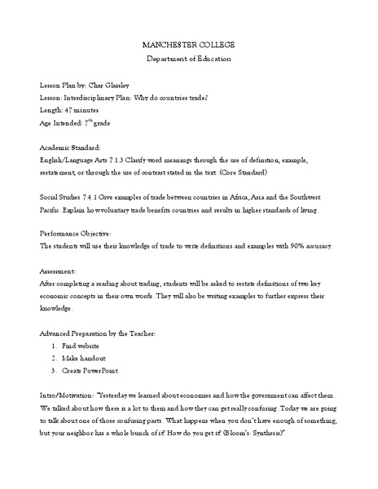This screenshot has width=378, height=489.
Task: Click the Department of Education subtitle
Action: click(x=188, y=59)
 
